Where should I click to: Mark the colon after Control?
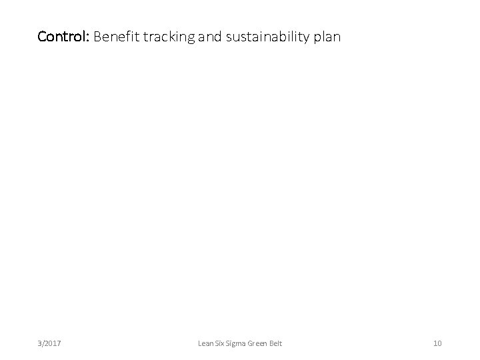click(x=89, y=37)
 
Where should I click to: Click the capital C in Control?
click(x=42, y=36)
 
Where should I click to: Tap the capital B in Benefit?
click(x=98, y=36)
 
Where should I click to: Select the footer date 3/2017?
click(x=49, y=343)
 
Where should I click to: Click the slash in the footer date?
click(x=43, y=343)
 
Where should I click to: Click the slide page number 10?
click(x=437, y=343)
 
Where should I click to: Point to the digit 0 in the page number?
click(x=439, y=343)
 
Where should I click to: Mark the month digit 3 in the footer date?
click(x=40, y=343)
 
